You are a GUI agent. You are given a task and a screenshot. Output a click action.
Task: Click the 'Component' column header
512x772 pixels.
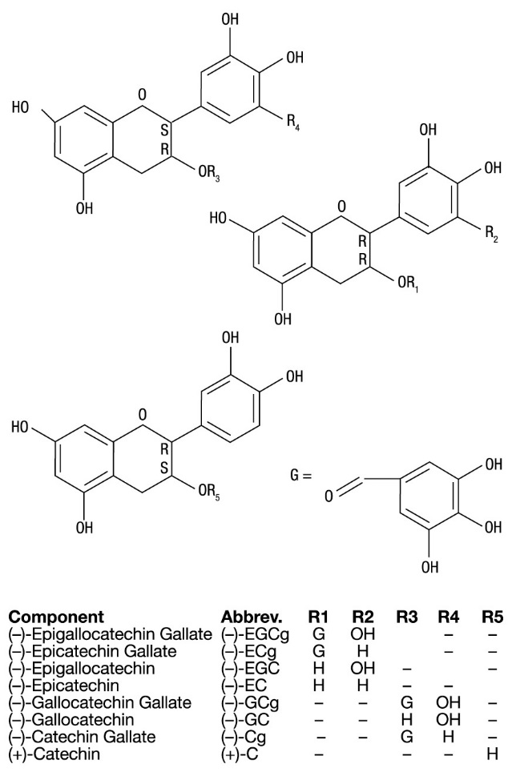coord(55,617)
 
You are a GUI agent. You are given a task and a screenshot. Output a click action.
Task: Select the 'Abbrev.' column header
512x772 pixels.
coord(252,617)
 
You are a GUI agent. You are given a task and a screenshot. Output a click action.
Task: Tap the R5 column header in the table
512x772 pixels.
coord(492,617)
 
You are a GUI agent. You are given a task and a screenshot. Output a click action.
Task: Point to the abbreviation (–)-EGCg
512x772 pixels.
coord(252,634)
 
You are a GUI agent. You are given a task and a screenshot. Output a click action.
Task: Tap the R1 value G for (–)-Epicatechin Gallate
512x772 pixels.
coord(319,651)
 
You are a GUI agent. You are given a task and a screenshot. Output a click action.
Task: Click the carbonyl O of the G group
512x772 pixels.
coord(329,497)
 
